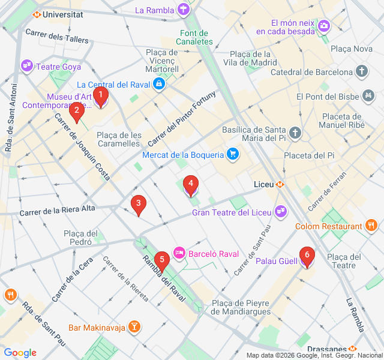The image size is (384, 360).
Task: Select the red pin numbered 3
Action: click(139, 205)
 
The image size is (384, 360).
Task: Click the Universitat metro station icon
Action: click(37, 14)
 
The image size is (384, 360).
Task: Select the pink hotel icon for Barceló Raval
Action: click(179, 254)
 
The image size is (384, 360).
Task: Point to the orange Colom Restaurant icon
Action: click(371, 226)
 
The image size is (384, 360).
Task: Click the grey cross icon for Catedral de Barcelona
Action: click(362, 72)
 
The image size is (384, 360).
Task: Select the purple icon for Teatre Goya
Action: click(27, 66)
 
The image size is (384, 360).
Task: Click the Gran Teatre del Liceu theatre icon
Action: click(280, 212)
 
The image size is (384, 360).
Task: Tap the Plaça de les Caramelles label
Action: click(119, 139)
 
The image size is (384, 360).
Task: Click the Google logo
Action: click(20, 353)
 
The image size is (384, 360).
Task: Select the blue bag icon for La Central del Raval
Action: click(159, 85)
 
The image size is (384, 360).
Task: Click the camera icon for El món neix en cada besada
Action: click(324, 25)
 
